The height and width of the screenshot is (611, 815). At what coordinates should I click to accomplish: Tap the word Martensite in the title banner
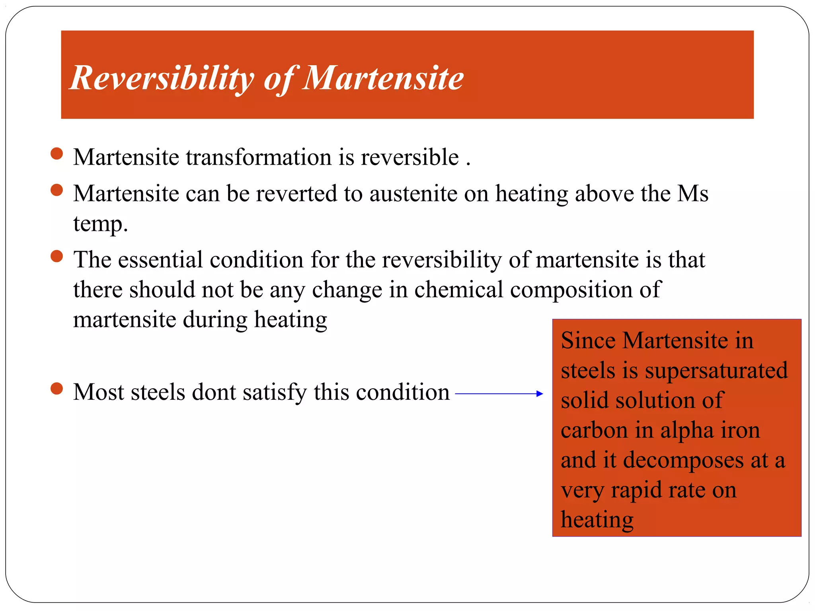pos(383,78)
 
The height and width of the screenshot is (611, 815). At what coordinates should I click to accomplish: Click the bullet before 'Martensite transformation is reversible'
pos(57,154)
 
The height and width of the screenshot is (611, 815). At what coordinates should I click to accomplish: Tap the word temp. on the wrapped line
pos(100,224)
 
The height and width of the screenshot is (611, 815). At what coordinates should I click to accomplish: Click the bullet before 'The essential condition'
pos(57,256)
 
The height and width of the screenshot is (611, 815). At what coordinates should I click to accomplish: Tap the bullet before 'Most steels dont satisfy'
pos(57,389)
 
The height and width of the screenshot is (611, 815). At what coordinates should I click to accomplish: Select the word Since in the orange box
pos(588,341)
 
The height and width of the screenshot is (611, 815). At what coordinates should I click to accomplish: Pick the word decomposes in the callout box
pos(683,461)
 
